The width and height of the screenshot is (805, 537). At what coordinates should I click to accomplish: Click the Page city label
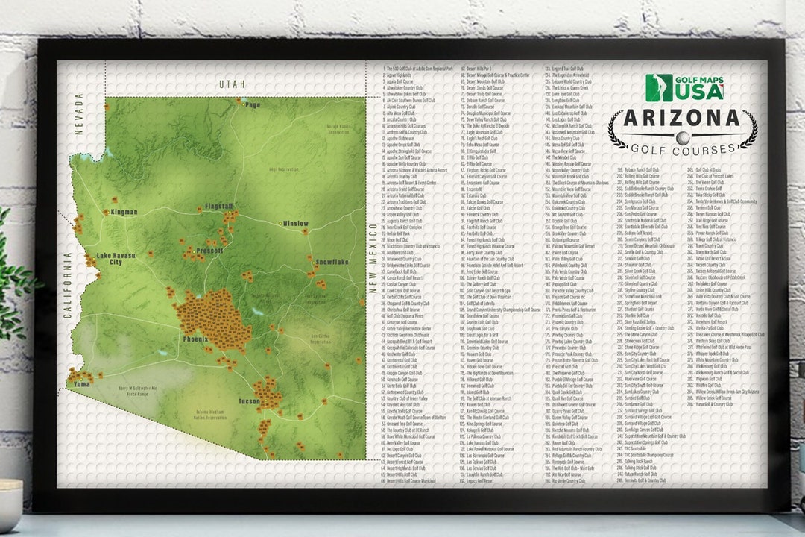pyautogui.click(x=253, y=105)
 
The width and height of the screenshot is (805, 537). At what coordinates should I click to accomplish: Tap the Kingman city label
pyautogui.click(x=124, y=212)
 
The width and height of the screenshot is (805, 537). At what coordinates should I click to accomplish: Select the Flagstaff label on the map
pyautogui.click(x=219, y=206)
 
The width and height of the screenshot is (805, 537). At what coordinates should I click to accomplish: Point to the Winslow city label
pyautogui.click(x=295, y=223)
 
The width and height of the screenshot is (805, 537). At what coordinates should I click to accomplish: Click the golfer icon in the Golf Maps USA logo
pyautogui.click(x=658, y=87)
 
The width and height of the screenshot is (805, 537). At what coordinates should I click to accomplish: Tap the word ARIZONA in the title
pyautogui.click(x=682, y=119)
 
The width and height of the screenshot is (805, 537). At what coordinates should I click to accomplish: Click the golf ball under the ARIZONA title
pyautogui.click(x=682, y=137)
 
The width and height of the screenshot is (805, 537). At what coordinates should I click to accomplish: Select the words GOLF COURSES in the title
pyautogui.click(x=682, y=149)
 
